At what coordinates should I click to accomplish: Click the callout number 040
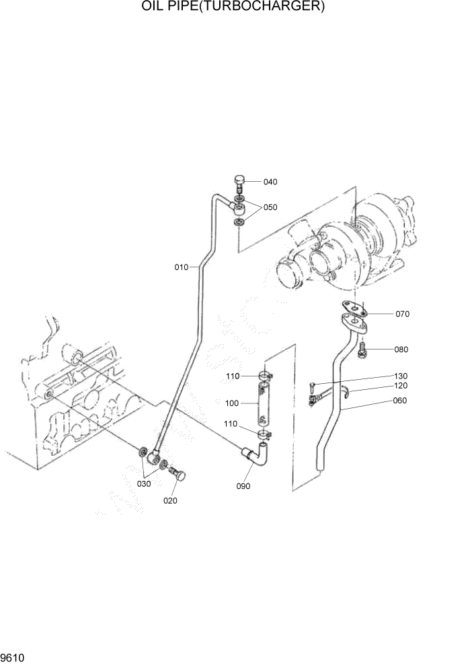[270, 182]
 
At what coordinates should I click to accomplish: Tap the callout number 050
[270, 207]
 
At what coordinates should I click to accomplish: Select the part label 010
[181, 267]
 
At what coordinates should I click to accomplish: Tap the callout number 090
[243, 486]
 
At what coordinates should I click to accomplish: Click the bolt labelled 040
[239, 182]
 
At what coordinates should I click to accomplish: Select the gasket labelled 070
[353, 308]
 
